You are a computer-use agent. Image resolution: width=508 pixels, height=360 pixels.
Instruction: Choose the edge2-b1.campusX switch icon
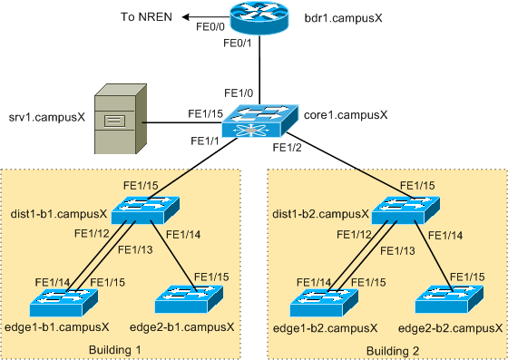tap(191, 299)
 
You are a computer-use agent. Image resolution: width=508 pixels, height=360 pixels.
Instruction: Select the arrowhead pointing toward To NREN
tap(184, 17)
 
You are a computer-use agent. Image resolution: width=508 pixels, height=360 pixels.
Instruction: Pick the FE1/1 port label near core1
tap(206, 141)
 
